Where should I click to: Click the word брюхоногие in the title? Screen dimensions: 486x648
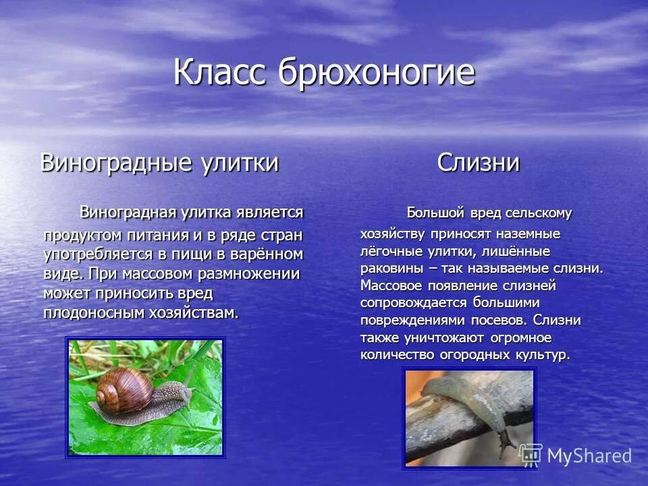pos(375,74)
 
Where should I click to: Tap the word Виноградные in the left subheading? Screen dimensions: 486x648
pos(116,163)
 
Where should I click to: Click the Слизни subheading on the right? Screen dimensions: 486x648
pos(479,163)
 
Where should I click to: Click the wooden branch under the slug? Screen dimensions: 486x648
pos(439,432)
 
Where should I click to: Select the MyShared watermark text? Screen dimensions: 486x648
pos(589,456)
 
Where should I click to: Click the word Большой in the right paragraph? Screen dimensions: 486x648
pos(436,213)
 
